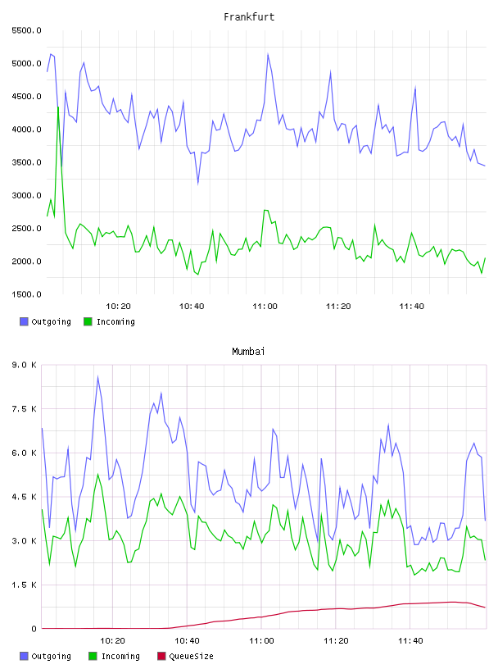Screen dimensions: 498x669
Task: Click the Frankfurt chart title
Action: click(x=249, y=17)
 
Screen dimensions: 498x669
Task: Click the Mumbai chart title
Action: click(x=248, y=352)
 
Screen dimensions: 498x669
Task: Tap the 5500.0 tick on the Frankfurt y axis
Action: click(x=26, y=30)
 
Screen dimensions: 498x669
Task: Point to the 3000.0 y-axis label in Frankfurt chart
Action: click(x=26, y=195)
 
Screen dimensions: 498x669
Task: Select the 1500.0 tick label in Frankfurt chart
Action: click(x=26, y=294)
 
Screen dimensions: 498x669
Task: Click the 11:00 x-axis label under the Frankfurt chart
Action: click(x=265, y=307)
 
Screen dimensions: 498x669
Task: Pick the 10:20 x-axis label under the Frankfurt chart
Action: click(x=118, y=307)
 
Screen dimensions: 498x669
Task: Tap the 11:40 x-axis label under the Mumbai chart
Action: click(x=410, y=641)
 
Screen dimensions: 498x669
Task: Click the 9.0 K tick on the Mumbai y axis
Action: click(x=24, y=365)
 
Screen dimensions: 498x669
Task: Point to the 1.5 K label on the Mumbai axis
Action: click(x=24, y=585)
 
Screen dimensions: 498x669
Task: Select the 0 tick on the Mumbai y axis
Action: click(x=34, y=629)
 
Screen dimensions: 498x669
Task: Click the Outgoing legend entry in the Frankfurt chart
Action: click(x=45, y=321)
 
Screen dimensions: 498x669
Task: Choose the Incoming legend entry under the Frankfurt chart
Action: click(x=109, y=321)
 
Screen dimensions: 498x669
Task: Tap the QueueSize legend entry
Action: click(x=185, y=656)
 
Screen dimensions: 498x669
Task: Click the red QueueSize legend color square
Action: click(x=161, y=656)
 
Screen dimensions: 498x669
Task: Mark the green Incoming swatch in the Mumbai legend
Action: click(x=93, y=656)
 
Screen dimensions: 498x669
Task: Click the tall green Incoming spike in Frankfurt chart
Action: click(x=58, y=107)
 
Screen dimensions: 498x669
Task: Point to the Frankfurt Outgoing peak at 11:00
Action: click(x=268, y=54)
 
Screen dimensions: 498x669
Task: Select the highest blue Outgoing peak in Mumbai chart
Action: click(x=97, y=377)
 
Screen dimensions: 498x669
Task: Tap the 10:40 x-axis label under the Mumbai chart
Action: click(x=187, y=641)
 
